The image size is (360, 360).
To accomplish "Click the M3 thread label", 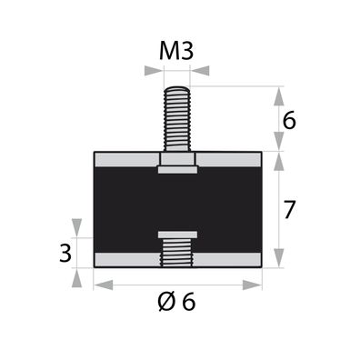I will [176, 51].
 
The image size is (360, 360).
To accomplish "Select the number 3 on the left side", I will [65, 252].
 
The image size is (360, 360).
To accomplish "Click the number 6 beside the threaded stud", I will [290, 119].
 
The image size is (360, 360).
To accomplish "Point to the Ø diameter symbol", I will [165, 303].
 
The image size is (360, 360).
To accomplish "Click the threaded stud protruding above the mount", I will [177, 118].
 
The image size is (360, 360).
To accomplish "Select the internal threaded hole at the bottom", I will [177, 251].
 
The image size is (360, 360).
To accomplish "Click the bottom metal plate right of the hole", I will [229, 260].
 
